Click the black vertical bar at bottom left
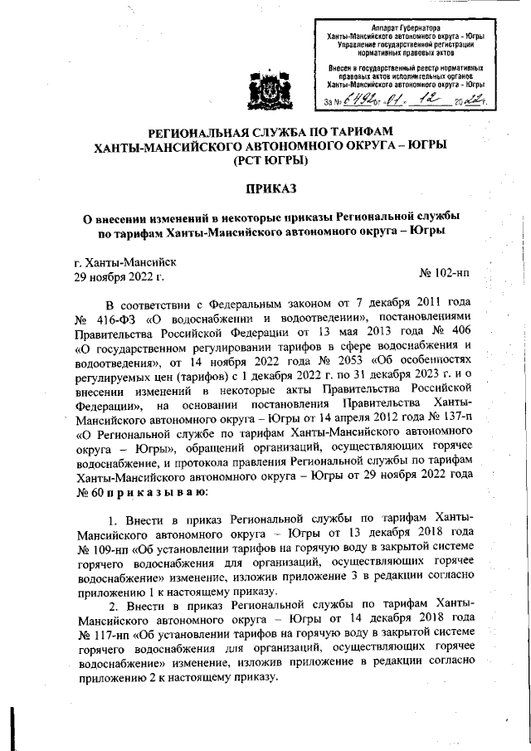(x=12, y=718)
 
